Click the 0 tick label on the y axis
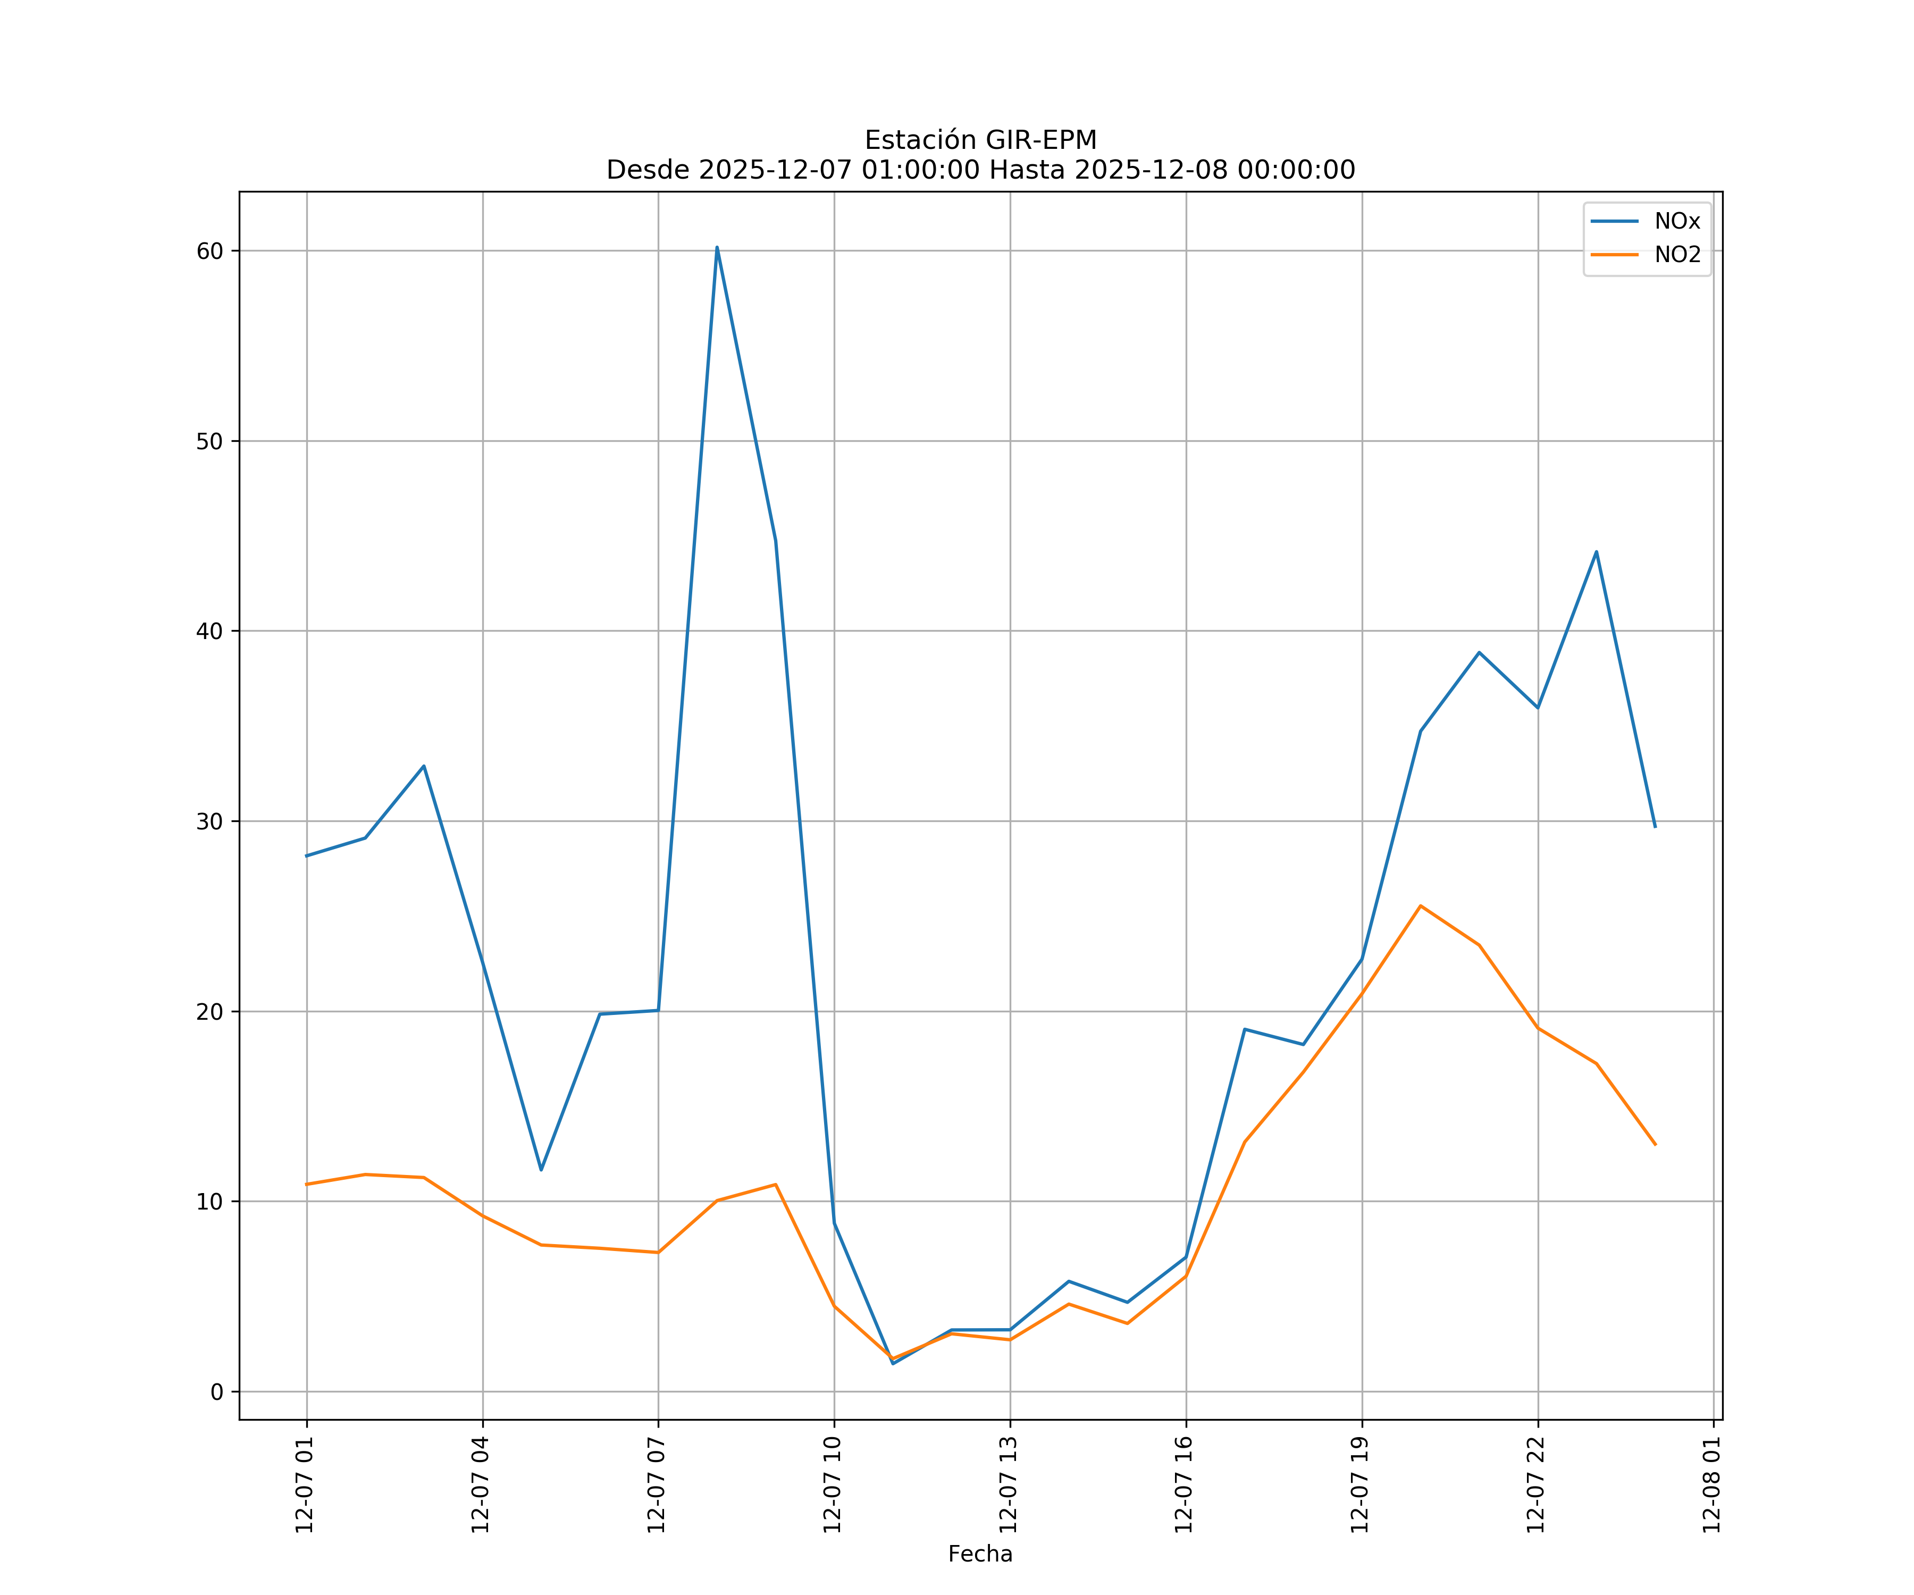[217, 1392]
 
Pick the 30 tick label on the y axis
[209, 821]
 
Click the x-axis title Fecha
[980, 1554]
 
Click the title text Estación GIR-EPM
[980, 140]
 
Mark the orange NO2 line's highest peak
[1420, 906]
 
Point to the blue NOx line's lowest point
[892, 1364]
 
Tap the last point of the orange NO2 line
[1655, 1145]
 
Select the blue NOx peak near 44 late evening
[1596, 551]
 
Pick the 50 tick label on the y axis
[209, 441]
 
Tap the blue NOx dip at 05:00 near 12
[541, 1170]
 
